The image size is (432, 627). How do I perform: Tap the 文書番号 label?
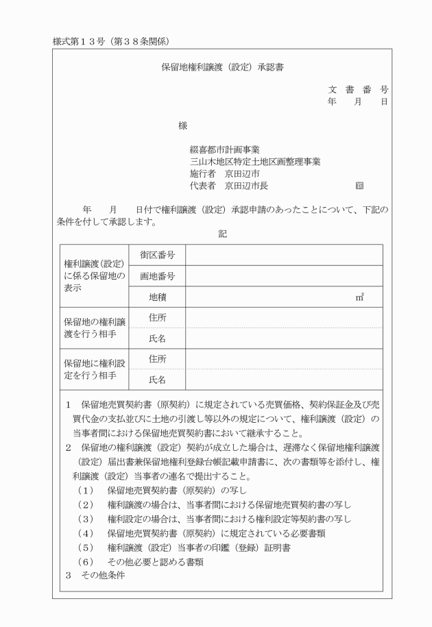click(358, 90)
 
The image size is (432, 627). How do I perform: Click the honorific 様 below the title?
click(182, 125)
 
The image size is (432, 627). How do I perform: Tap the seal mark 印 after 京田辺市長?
click(359, 186)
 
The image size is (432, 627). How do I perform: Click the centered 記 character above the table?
click(222, 234)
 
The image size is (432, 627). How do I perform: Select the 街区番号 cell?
click(157, 255)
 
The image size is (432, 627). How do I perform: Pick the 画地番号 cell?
click(157, 276)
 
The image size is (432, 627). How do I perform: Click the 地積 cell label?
click(157, 297)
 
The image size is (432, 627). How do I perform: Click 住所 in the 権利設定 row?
click(157, 359)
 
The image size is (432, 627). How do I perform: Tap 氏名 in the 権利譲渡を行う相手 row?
click(157, 339)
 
